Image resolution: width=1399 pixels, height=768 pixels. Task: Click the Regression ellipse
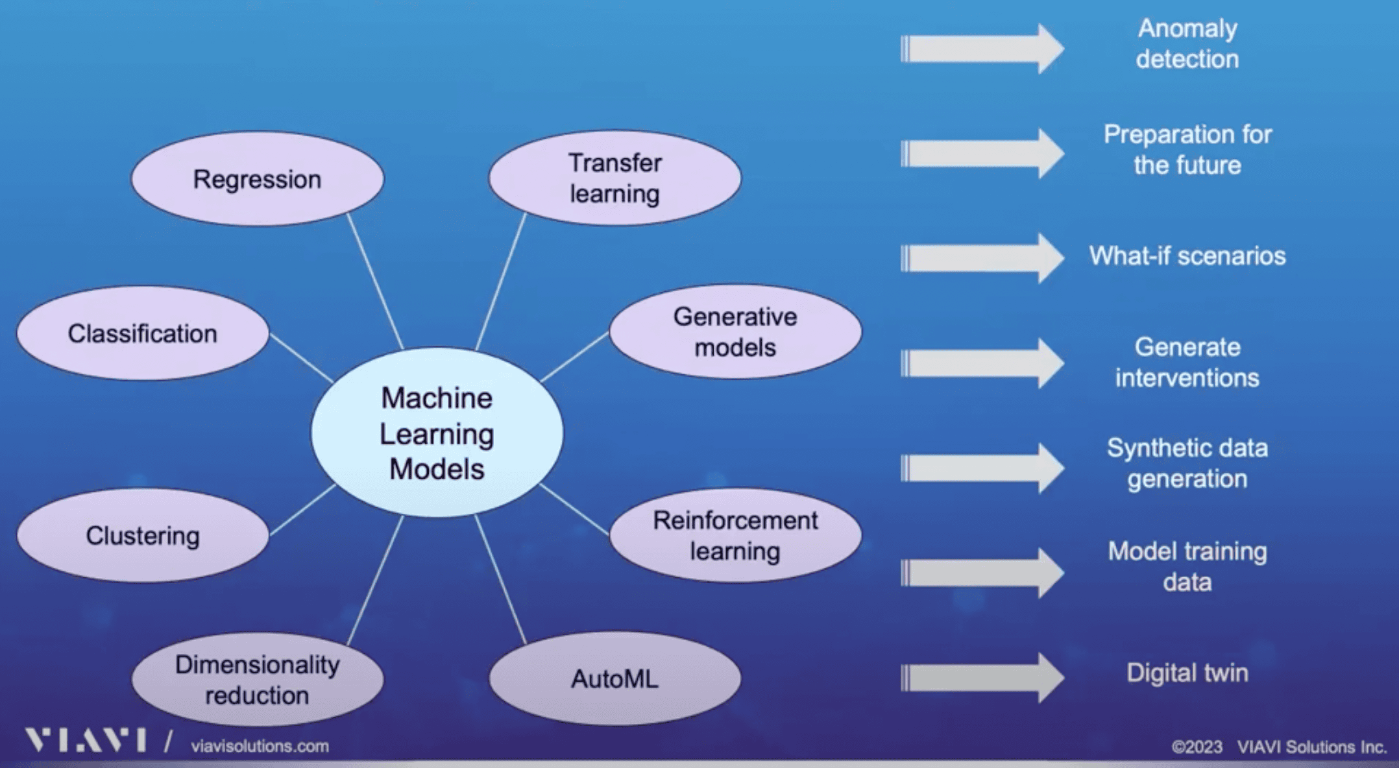click(x=258, y=179)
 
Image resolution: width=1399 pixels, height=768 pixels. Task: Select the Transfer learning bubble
click(x=614, y=178)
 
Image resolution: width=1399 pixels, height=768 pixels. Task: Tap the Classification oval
click(x=143, y=333)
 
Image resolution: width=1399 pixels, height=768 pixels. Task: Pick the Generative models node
click(x=735, y=331)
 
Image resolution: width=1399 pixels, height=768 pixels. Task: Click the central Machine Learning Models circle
click(x=437, y=433)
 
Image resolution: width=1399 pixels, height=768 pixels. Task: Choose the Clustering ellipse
click(x=143, y=535)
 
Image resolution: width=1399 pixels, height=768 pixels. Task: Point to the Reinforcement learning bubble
click(x=735, y=535)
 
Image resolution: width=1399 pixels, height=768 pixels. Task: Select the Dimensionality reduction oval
click(x=258, y=679)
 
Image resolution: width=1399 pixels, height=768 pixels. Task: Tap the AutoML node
click(x=614, y=678)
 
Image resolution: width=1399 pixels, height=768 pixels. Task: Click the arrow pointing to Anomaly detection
click(x=982, y=49)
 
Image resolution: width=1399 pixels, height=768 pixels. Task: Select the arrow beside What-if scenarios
click(x=982, y=258)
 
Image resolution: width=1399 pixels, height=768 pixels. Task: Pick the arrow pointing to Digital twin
click(x=982, y=678)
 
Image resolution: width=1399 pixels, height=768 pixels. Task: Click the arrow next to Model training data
click(x=982, y=573)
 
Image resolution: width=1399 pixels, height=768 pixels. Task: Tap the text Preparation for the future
click(x=1187, y=150)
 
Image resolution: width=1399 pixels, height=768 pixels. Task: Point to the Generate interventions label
click(x=1187, y=363)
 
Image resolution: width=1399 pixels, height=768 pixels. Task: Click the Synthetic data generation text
click(x=1187, y=463)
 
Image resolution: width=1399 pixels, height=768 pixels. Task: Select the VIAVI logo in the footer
click(x=85, y=740)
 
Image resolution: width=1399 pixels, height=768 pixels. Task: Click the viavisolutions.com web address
click(x=260, y=746)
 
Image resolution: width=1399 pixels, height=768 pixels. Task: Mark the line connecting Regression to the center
click(x=375, y=281)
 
